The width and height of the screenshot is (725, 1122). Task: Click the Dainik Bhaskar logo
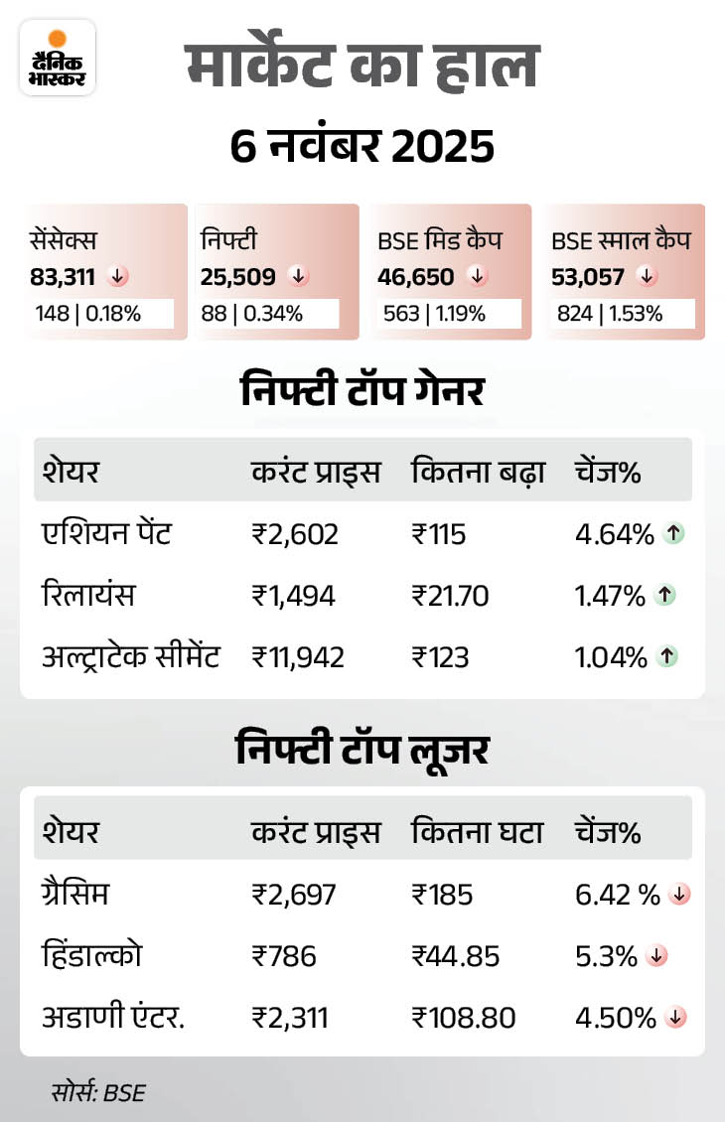click(x=57, y=58)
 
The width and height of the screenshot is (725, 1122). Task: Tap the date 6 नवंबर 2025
click(x=362, y=148)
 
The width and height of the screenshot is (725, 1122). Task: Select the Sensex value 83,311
click(x=63, y=276)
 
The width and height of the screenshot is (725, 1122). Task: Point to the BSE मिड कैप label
click(x=440, y=239)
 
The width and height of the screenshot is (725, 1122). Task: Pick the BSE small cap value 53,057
click(x=588, y=276)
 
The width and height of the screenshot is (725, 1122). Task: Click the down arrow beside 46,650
click(x=478, y=276)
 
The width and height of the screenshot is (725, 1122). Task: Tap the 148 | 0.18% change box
click(x=99, y=314)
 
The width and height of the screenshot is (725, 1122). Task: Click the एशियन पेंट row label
click(x=107, y=534)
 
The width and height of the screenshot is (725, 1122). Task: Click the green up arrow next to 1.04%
click(x=668, y=656)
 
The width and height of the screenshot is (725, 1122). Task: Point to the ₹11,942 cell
click(x=298, y=656)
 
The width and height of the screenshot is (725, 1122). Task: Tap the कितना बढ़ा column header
click(x=478, y=473)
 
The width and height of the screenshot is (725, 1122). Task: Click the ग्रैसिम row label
click(x=75, y=895)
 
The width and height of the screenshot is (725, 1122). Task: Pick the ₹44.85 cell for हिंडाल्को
click(x=455, y=956)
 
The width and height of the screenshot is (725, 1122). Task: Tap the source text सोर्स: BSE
click(x=98, y=1093)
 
